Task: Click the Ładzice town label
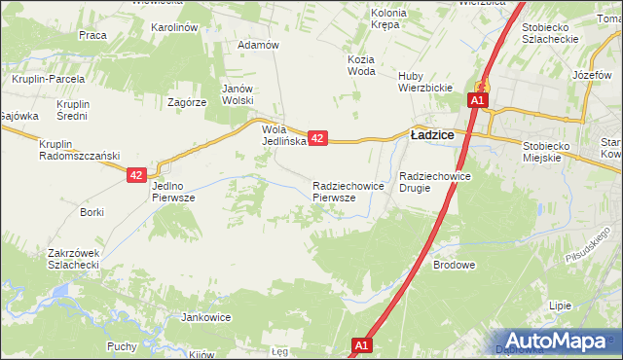[x=433, y=136]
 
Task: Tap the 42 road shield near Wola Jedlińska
[x=317, y=139]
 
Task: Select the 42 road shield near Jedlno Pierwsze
[x=136, y=175]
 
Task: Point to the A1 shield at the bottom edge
[x=361, y=345]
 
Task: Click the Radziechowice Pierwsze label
[x=340, y=191]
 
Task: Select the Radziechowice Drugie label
[x=435, y=182]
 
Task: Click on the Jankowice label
[x=205, y=317]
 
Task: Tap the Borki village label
[x=92, y=211]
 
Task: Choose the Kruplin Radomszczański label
[x=78, y=151]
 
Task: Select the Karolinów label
[x=174, y=27]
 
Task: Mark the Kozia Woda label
[x=360, y=65]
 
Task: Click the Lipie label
[x=560, y=305]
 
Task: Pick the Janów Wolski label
[x=238, y=93]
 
